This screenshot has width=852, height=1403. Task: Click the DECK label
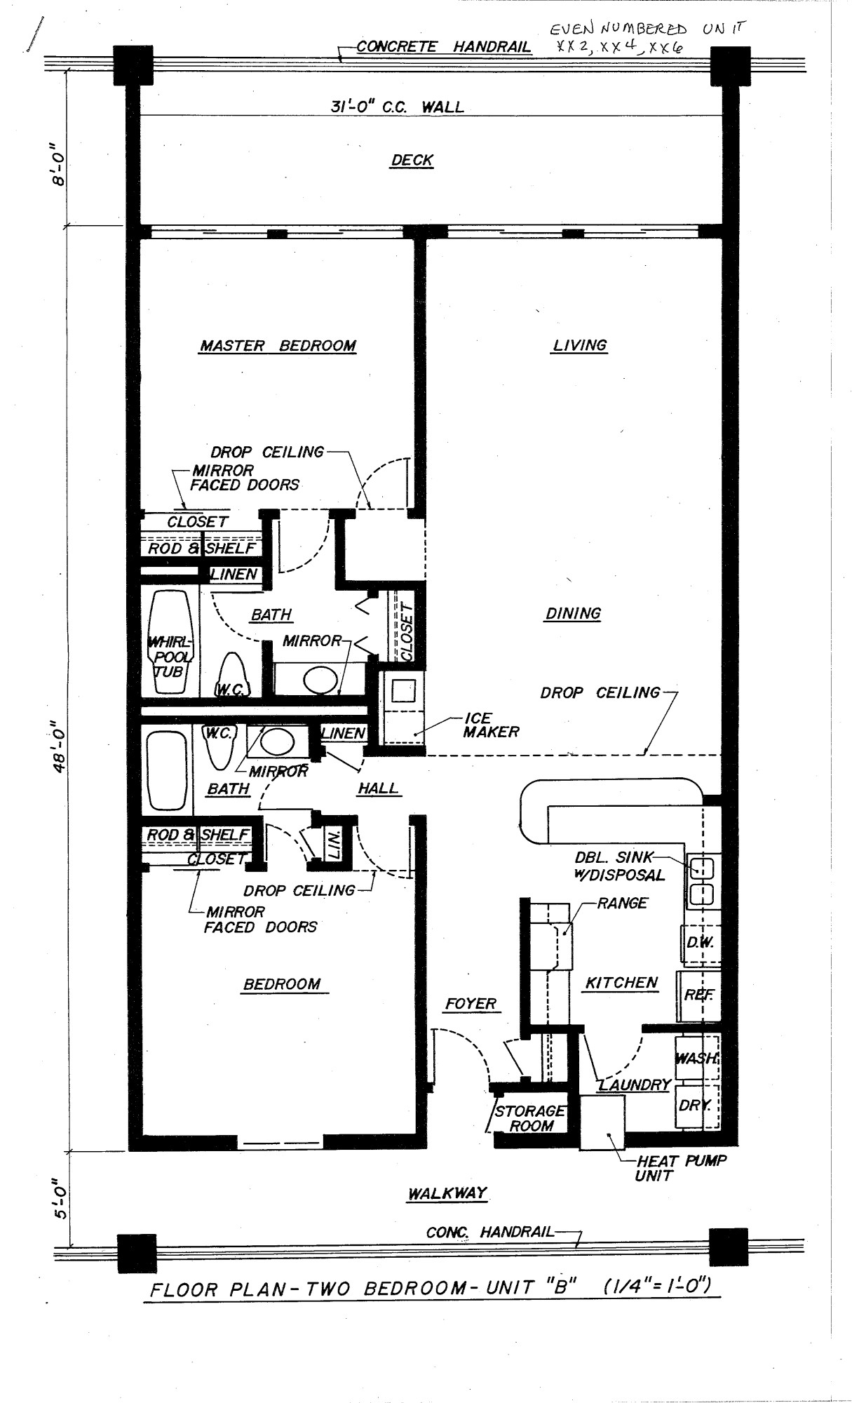[412, 160]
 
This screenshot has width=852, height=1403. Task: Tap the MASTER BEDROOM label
[278, 345]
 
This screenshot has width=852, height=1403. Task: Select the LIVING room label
[580, 344]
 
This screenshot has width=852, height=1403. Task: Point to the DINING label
[573, 613]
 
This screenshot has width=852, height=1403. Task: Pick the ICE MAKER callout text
[491, 725]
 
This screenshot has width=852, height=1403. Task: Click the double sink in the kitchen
[702, 880]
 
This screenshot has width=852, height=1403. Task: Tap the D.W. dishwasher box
[699, 943]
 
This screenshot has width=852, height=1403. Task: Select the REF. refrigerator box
[698, 995]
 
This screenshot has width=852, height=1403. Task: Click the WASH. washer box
[696, 1058]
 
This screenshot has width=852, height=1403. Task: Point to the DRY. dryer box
[694, 1106]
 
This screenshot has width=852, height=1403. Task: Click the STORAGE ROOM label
[530, 1118]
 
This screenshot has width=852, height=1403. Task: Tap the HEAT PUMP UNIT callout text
[680, 1167]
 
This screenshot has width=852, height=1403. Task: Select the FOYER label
[471, 1004]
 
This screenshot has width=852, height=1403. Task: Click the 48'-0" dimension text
[62, 748]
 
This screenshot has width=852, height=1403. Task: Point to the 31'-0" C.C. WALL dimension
[397, 107]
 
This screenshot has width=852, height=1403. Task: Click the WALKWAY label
[447, 1193]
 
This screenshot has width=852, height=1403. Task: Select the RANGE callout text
[622, 903]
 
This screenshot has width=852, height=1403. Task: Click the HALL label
[378, 788]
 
